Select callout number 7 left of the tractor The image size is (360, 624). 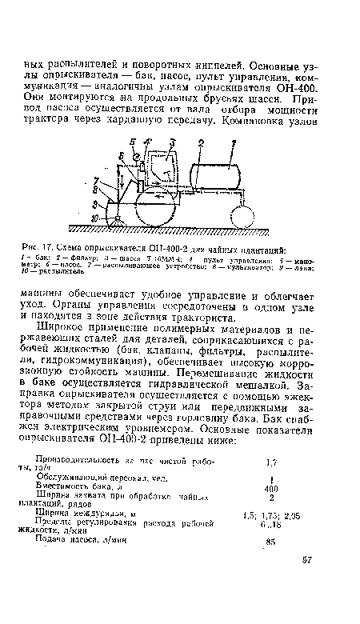96,182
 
